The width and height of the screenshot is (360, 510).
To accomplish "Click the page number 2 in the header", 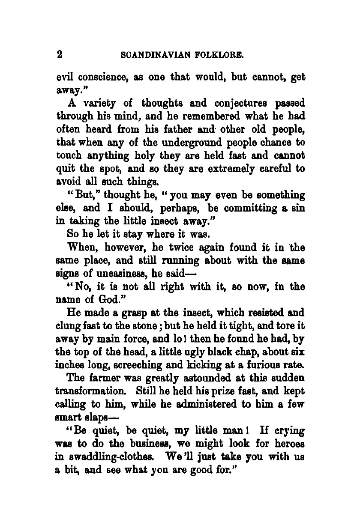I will [60, 54].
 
